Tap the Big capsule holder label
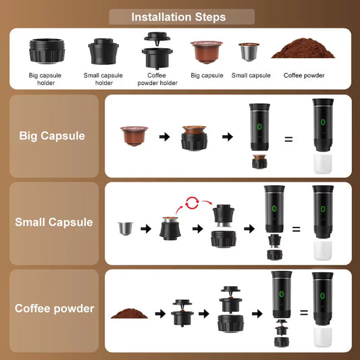coord(47,80)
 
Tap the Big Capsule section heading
coord(53,136)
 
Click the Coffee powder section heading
coord(54,309)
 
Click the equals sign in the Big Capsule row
coord(288,139)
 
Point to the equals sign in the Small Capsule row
coord(296,229)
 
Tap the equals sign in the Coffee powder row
coord(304,313)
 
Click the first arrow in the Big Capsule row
coord(164,137)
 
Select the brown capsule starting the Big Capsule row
coord(132,136)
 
